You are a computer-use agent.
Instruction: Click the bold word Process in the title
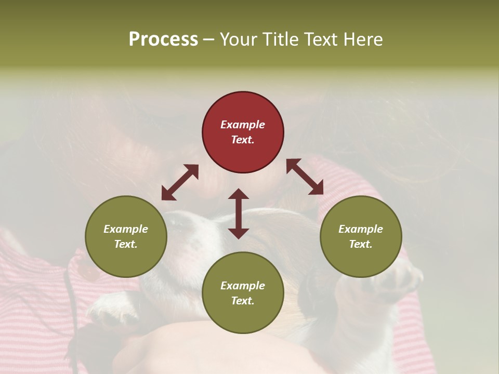[x=163, y=39]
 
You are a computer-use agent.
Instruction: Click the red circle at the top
[x=243, y=132]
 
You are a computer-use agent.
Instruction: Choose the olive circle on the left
[x=126, y=236]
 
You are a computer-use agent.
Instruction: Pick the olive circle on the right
[x=361, y=236]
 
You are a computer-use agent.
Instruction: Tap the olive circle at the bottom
[x=243, y=293]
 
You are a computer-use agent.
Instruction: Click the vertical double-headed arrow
[x=239, y=213]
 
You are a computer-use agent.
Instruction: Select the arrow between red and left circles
[x=180, y=182]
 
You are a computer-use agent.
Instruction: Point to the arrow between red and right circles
[x=305, y=177]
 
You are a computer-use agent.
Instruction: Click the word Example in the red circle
[x=243, y=125]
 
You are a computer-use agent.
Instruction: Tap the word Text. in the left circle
[x=126, y=244]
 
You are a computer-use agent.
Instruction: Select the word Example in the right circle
[x=361, y=229]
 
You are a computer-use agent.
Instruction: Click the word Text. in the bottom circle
[x=243, y=301]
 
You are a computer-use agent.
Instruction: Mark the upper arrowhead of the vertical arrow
[x=239, y=194]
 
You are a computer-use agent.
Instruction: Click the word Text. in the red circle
[x=243, y=140]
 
